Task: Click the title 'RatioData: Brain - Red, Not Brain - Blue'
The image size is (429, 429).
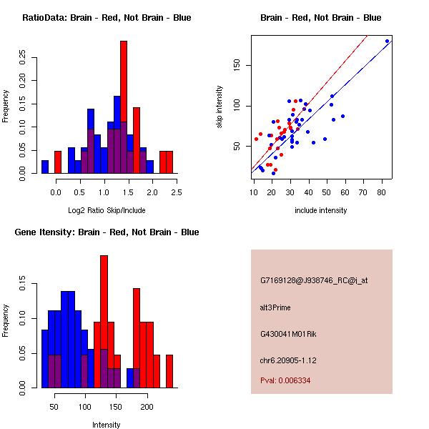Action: (107, 18)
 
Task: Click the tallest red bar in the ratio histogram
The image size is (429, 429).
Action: (124, 107)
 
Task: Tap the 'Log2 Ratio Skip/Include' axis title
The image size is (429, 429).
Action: (107, 211)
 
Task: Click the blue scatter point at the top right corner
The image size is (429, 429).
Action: (387, 41)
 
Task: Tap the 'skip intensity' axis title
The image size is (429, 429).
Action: (220, 107)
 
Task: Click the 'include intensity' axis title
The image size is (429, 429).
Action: (321, 211)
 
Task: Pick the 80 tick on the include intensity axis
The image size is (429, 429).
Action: (381, 192)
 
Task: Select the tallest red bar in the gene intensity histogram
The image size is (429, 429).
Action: (104, 322)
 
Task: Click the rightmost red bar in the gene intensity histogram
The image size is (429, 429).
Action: (169, 371)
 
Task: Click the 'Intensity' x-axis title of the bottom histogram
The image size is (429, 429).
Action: (107, 425)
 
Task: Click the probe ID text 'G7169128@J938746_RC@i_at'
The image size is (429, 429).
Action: (314, 281)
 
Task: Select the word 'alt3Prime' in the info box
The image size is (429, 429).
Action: (275, 308)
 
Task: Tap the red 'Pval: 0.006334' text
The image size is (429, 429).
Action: (285, 381)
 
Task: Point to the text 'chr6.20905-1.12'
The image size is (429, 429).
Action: (287, 360)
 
